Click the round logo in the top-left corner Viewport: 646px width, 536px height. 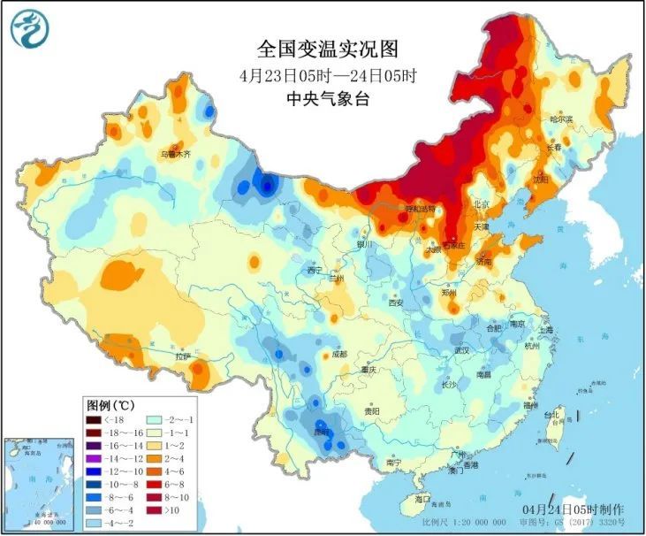pos(29,29)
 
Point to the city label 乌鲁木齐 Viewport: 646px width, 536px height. pos(175,154)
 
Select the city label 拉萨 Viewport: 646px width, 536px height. pos(183,356)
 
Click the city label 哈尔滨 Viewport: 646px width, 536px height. pos(561,118)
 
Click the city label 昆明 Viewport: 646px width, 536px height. pos(324,432)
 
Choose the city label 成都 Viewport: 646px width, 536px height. pos(339,354)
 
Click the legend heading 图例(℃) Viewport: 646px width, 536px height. pos(116,403)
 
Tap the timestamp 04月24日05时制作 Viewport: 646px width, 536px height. pos(573,510)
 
